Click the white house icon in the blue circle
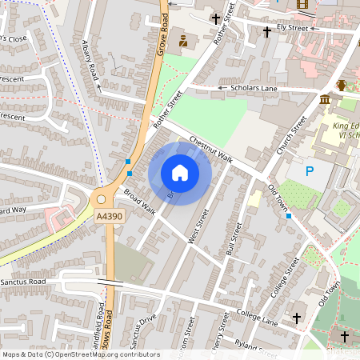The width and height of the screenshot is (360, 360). (180, 173)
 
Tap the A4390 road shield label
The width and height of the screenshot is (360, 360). (109, 217)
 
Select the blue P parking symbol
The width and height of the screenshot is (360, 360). (310, 170)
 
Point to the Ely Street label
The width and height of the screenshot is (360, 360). (292, 27)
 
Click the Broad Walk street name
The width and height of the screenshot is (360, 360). (139, 202)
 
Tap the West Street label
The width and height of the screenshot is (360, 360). (197, 228)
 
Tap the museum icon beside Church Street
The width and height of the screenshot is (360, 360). (325, 99)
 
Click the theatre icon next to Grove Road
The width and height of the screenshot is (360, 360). (183, 41)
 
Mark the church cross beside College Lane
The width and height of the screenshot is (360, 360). (297, 318)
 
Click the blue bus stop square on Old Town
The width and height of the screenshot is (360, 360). (289, 216)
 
